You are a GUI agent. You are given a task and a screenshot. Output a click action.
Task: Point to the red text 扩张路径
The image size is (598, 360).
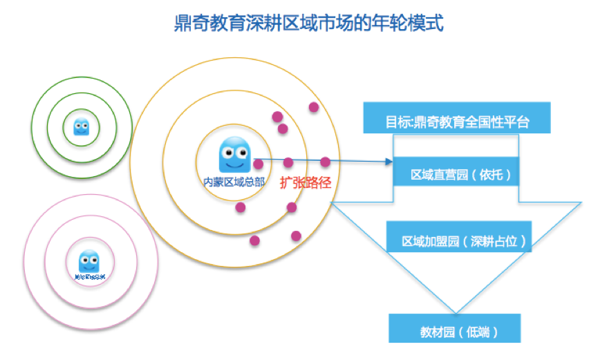[x=306, y=183]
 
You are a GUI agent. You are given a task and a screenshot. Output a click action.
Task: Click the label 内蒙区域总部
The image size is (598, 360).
[x=232, y=182]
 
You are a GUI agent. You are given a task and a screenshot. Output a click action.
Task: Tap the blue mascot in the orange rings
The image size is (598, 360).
[x=234, y=155]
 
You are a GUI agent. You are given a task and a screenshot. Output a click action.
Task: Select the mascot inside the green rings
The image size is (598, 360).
[x=82, y=126]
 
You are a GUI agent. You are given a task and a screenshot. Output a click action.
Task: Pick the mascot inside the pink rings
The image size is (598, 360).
[x=88, y=261]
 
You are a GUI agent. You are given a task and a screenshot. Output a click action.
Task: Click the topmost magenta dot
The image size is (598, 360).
[x=314, y=107]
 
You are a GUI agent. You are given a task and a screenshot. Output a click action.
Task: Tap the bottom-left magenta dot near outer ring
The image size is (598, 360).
[x=254, y=240]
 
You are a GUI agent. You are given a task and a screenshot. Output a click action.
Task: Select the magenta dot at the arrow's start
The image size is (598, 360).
[x=258, y=164]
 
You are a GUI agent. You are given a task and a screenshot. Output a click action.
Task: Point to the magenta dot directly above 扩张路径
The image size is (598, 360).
[x=288, y=163]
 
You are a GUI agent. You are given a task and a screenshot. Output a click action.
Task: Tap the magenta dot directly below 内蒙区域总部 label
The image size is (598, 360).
[x=241, y=207]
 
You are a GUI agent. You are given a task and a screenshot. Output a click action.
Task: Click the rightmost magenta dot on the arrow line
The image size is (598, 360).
[x=325, y=162]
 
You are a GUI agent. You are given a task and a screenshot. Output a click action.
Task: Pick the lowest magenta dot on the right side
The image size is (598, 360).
[x=297, y=236]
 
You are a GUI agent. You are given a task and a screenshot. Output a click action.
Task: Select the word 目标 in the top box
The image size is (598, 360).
[x=398, y=123]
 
